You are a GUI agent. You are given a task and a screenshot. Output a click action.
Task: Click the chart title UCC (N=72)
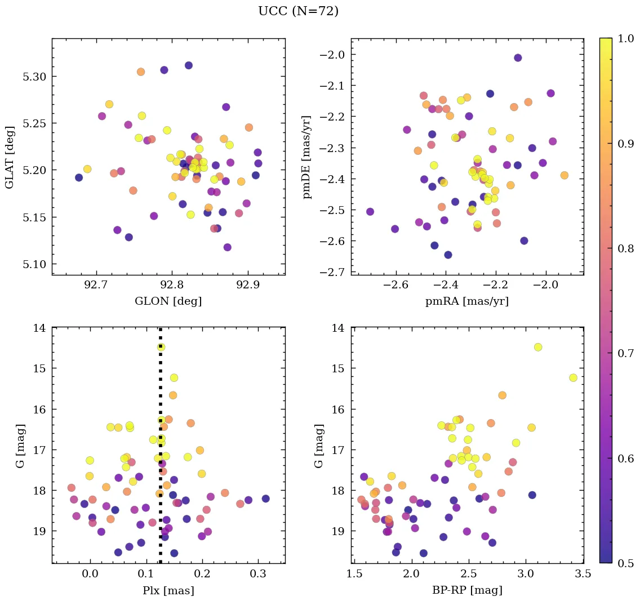298,11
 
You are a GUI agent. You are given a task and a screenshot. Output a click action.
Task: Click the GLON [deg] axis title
168,301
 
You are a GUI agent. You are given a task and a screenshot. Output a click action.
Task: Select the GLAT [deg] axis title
10,157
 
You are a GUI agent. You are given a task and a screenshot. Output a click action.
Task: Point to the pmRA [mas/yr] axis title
467,301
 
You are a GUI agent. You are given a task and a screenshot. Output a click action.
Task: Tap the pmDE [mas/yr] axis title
307,157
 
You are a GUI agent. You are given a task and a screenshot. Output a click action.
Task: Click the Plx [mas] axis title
168,590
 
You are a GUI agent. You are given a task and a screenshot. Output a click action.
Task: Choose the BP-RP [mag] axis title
467,590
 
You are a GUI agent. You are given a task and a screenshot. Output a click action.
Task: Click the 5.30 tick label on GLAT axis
34,77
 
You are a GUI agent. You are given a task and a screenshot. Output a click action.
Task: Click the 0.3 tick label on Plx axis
259,575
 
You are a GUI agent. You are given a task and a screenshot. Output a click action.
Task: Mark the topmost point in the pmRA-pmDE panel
518,57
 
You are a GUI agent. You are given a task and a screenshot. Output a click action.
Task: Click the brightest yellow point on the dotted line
161,347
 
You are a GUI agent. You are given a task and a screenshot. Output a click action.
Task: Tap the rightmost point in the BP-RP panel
573,377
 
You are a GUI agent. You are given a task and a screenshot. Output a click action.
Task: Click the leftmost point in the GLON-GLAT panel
79,177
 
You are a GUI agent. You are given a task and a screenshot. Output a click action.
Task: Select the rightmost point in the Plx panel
265,498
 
